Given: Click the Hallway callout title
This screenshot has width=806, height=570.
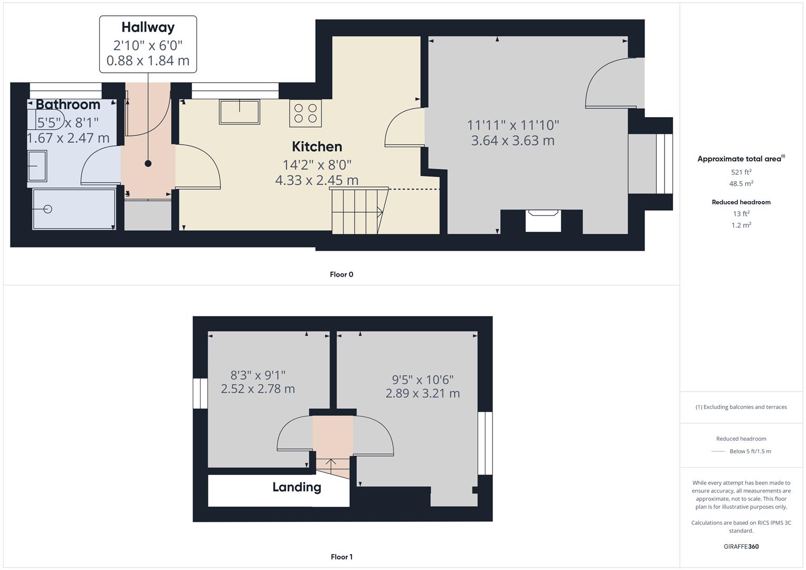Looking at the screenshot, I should pos(148,27).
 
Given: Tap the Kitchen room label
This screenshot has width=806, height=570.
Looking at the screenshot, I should pos(317,147).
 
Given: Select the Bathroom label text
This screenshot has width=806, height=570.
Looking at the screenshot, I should pos(68,104).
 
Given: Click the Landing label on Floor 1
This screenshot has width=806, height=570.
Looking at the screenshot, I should pos(297,487).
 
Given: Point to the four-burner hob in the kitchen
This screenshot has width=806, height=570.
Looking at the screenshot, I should pos(305,113).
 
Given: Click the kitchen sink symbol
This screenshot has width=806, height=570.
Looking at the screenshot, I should pos(240,112).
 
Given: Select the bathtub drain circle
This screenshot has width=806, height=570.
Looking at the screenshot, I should pos(48,210).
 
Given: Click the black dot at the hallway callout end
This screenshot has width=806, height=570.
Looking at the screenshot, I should pos(148,164).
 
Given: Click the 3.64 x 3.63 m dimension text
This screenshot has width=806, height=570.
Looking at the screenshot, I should pos(513,141).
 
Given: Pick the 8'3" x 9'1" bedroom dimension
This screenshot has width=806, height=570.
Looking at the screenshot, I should pos(258,375).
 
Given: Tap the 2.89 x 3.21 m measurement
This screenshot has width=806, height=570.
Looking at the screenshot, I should pos(422,394).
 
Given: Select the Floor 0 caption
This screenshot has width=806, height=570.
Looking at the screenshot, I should pos(342,274).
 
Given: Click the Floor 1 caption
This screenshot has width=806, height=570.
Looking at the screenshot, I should pos(342,557).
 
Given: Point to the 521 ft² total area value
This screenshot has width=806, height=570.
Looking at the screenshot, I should pos(741,172).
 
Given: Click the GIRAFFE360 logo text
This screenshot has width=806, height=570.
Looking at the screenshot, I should pos(741,547).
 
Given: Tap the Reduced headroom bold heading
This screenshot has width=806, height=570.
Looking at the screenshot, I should pos(741,202).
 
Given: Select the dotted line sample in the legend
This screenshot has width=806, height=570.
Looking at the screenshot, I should pos(718,451).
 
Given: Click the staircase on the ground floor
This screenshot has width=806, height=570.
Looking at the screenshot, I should pos(356,212).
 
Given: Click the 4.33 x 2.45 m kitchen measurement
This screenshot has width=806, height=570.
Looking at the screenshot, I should pos(317,180).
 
